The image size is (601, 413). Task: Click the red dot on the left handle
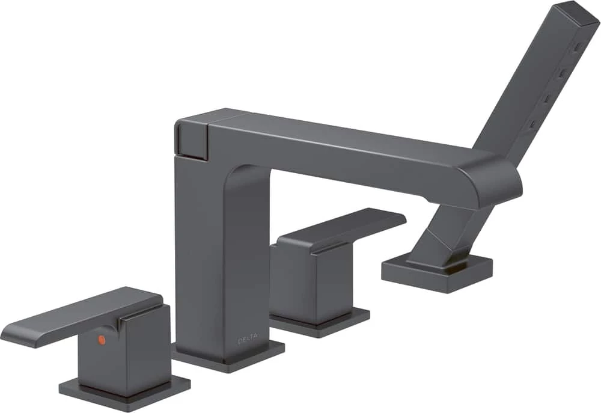pos(101,340)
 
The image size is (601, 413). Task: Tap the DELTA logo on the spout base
pos(248,340)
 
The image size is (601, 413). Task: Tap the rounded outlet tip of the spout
pos(499,180)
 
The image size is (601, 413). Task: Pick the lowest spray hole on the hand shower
pos(533,125)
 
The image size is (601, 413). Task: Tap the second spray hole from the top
pos(561,73)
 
